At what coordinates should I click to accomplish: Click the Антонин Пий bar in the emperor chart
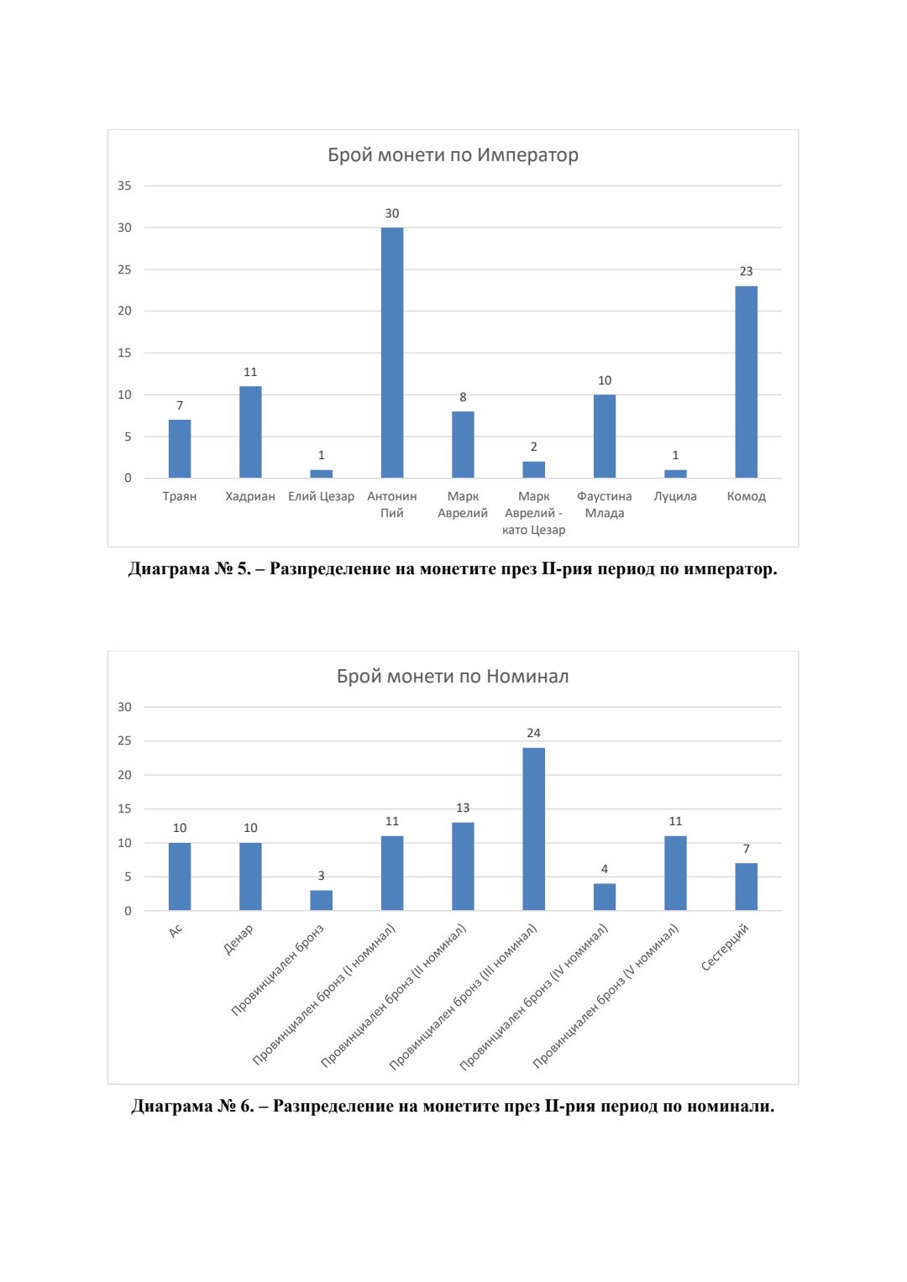392,353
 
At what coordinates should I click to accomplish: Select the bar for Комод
746,382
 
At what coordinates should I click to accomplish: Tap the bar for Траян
180,448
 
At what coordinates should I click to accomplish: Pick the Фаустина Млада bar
605,436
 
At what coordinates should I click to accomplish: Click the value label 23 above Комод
746,271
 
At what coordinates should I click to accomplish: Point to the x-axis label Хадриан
250,496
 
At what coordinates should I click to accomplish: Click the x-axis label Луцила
675,496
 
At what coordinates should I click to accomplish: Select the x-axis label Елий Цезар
321,496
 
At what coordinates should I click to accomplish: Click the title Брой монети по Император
453,154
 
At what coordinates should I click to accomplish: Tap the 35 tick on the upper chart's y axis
124,186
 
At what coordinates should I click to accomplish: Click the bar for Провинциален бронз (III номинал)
533,829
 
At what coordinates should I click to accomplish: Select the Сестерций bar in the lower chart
746,887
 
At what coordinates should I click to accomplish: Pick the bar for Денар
250,876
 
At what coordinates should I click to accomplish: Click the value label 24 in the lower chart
533,733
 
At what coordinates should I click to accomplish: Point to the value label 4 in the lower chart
605,869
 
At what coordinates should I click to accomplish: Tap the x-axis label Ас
176,930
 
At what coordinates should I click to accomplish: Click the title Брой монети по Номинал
453,676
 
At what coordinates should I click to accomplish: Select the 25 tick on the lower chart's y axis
124,740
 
